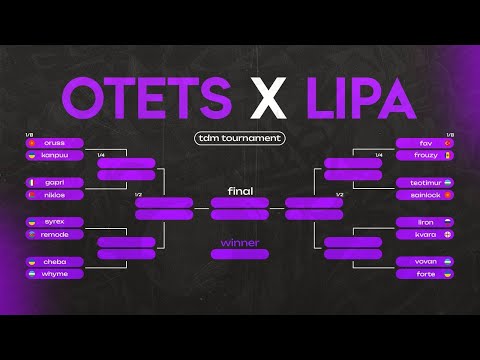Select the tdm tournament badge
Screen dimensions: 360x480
click(x=239, y=138)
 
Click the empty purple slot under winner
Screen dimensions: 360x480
click(x=239, y=254)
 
